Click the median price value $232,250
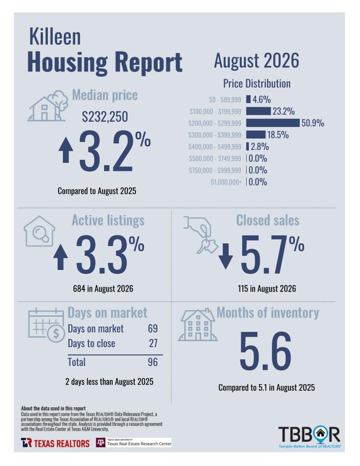click(105, 117)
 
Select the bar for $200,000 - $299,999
click(273, 123)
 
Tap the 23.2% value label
click(283, 111)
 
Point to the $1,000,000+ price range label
click(226, 182)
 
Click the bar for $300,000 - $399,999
click(255, 135)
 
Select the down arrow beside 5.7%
click(226, 256)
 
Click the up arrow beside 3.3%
click(60, 257)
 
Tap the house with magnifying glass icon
click(39, 231)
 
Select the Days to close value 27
click(153, 343)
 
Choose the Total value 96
click(153, 362)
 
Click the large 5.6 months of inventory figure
click(265, 351)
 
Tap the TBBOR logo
click(310, 437)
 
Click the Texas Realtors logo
click(55, 443)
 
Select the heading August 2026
click(256, 61)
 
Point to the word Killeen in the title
click(55, 37)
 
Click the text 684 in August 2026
click(103, 289)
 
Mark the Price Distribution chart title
click(257, 84)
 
